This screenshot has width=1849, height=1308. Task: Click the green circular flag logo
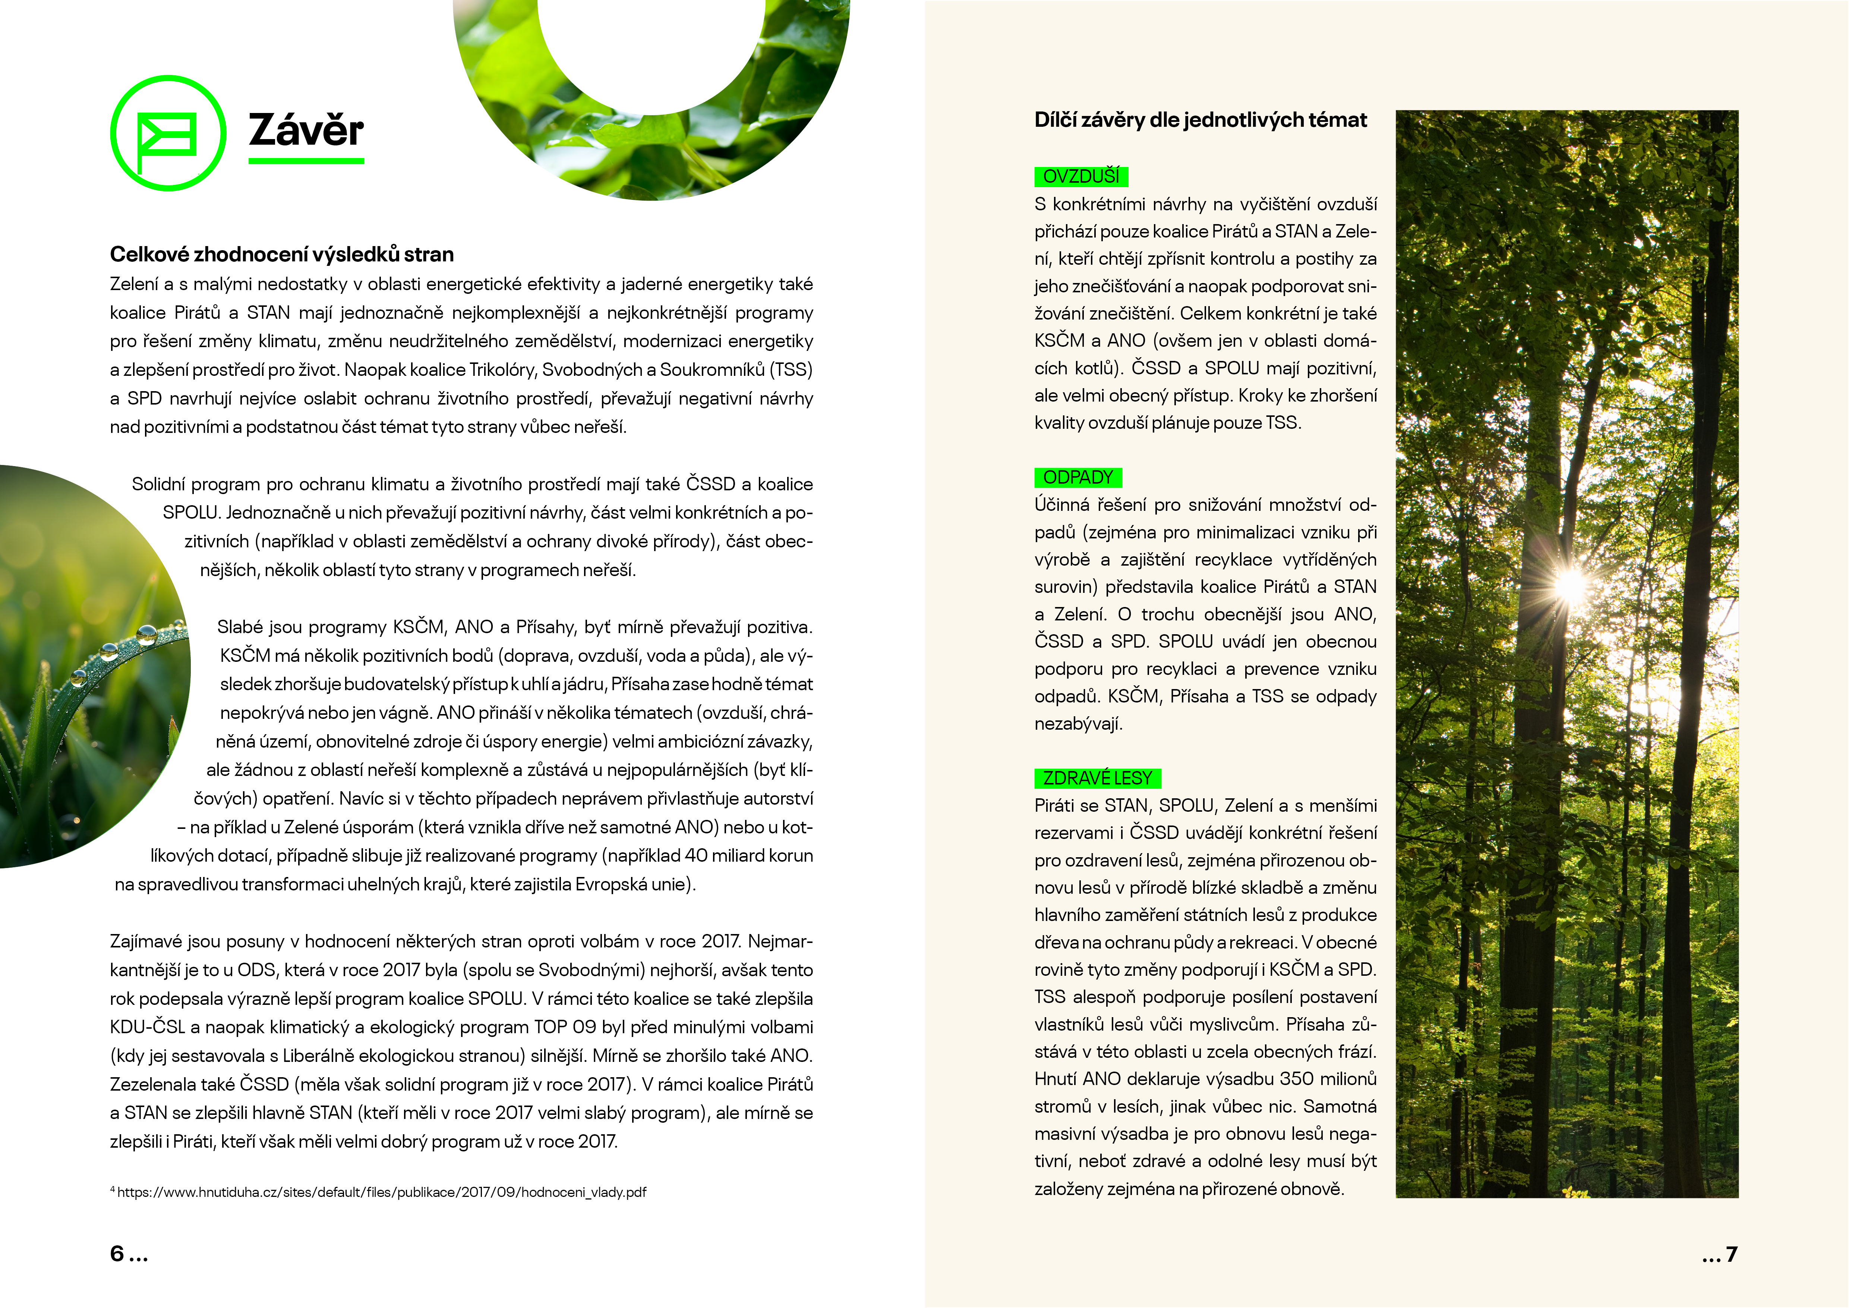point(167,133)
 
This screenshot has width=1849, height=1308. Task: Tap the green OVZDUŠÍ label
point(1081,176)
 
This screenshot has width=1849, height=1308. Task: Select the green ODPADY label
point(1077,478)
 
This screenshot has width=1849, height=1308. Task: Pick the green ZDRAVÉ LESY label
point(1097,778)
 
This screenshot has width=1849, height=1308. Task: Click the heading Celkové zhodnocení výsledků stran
point(282,255)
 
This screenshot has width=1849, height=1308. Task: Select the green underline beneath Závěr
point(306,161)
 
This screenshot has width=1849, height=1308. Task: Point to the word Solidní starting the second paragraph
point(159,484)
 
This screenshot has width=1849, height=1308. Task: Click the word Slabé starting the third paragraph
point(240,627)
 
